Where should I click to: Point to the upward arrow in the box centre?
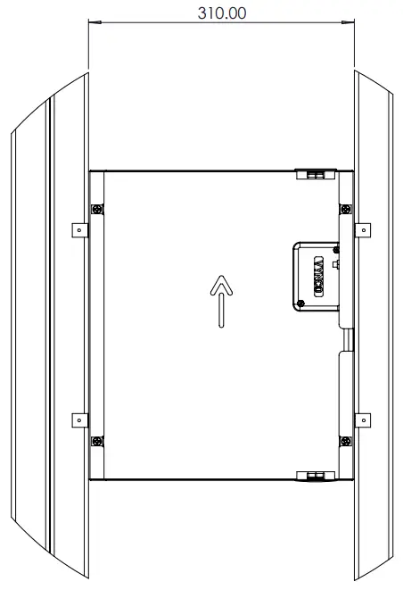coord(222,301)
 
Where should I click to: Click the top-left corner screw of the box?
coord(97,210)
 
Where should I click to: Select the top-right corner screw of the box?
coord(346,210)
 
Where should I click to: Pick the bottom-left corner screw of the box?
coord(97,439)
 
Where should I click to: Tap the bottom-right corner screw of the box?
coord(346,439)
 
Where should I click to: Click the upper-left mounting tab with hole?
coord(78,230)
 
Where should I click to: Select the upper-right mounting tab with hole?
coord(363,230)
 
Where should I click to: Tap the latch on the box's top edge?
coord(315,174)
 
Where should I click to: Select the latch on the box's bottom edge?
coord(315,474)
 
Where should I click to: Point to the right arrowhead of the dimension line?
coord(350,25)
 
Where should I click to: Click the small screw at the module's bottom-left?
coord(301,303)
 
